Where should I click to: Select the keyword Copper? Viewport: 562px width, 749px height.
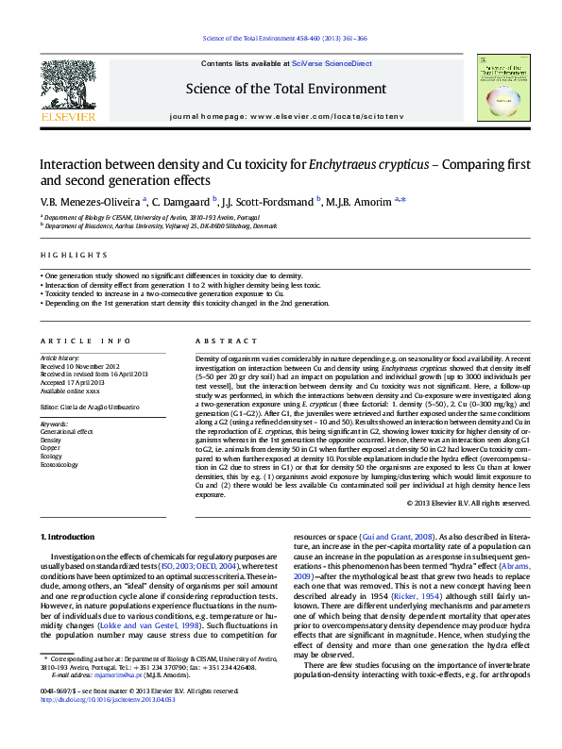click(51, 448)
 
